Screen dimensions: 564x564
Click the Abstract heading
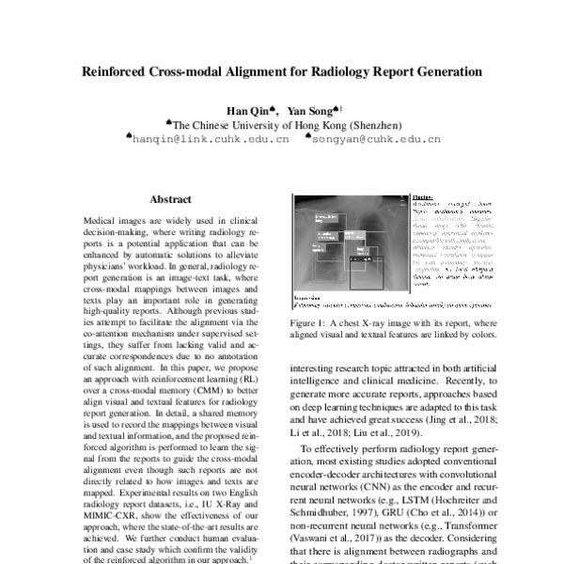click(x=170, y=199)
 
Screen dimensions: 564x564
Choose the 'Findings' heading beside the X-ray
click(x=422, y=198)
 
